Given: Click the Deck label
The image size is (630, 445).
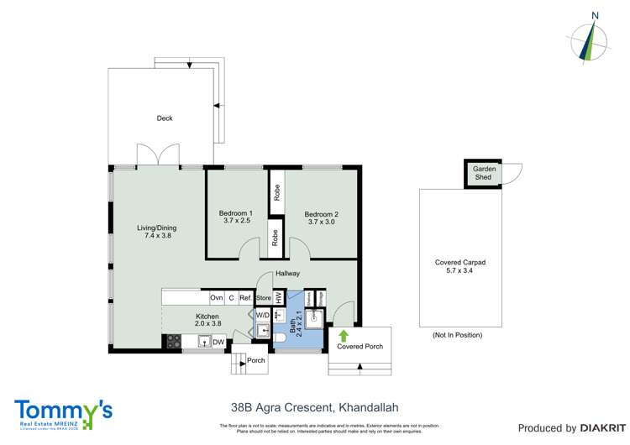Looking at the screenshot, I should pyautogui.click(x=165, y=118).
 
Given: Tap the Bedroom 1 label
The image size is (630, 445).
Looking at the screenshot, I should pyautogui.click(x=236, y=213).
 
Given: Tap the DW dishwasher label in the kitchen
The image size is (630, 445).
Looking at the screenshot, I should pyautogui.click(x=218, y=342).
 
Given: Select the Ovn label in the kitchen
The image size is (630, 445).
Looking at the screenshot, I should pyautogui.click(x=216, y=297).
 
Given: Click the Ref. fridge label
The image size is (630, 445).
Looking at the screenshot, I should pyautogui.click(x=245, y=297).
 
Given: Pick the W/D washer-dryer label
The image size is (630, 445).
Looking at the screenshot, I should pyautogui.click(x=263, y=316).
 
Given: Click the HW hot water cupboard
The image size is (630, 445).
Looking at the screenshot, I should pyautogui.click(x=279, y=297).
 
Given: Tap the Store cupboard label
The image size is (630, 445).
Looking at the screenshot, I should pyautogui.click(x=263, y=297).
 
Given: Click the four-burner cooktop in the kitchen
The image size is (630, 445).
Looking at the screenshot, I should pyautogui.click(x=173, y=341).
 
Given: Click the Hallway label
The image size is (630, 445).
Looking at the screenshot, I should pyautogui.click(x=286, y=274).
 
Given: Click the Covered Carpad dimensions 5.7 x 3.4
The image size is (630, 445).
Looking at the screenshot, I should pyautogui.click(x=459, y=271).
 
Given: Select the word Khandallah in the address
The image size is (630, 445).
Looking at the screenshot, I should pyautogui.click(x=368, y=408).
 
